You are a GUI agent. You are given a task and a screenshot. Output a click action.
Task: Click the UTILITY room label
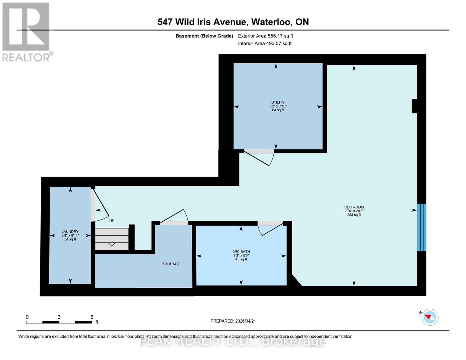click(x=278, y=103)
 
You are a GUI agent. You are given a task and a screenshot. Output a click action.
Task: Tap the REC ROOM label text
click(x=354, y=207)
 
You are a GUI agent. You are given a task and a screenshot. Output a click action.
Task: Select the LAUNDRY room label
click(x=70, y=232)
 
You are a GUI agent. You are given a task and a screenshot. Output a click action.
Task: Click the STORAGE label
click(x=171, y=264)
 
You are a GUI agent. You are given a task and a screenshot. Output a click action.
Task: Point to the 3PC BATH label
click(x=241, y=252)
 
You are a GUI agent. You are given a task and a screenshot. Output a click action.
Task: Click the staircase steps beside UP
click(x=112, y=239)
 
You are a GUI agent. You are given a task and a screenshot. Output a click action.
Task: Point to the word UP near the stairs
click(x=112, y=221)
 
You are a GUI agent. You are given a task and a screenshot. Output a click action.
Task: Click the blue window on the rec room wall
click(x=422, y=227)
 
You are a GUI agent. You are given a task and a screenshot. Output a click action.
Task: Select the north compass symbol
click(x=430, y=317)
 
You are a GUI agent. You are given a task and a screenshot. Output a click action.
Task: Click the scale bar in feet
click(x=59, y=322)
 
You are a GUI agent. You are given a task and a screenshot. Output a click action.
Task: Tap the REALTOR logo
click(x=26, y=31)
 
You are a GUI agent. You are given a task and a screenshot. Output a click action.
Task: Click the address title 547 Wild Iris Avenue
click(x=233, y=22)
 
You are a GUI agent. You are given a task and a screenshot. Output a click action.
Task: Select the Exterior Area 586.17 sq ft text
click(x=265, y=36)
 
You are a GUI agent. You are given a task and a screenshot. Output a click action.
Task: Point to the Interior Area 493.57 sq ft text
click(x=265, y=43)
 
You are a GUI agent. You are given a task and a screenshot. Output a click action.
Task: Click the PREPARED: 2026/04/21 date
click(x=233, y=321)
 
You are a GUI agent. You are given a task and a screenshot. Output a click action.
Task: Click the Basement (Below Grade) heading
click(x=204, y=36)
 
